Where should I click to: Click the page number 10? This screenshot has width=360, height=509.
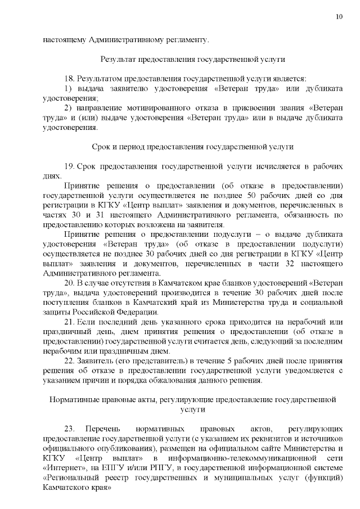pyautogui.click(x=339, y=17)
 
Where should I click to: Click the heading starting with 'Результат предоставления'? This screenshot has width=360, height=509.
pyautogui.click(x=192, y=59)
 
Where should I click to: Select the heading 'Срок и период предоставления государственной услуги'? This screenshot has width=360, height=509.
pyautogui.click(x=192, y=147)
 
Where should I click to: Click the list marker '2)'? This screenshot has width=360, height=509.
pyautogui.click(x=68, y=107)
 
